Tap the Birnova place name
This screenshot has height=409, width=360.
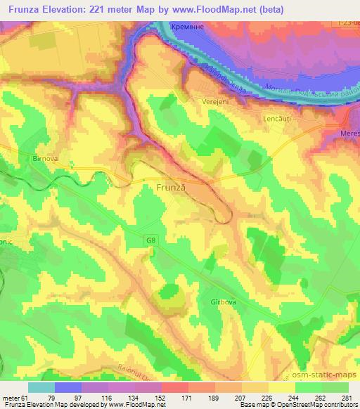tap(45, 159)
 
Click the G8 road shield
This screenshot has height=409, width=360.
tap(152, 240)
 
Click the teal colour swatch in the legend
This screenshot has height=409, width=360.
tap(41, 387)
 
